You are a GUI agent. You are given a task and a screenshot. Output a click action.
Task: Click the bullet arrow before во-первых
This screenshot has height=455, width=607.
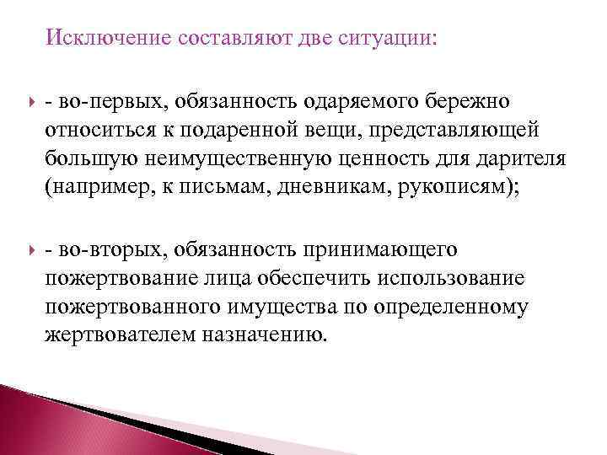32,102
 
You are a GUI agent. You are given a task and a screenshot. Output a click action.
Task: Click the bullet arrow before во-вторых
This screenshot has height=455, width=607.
32,250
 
